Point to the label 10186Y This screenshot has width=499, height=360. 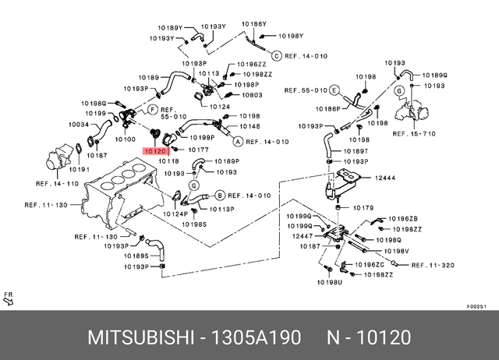pos(254,24)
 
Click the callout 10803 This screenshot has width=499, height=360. pos(252,94)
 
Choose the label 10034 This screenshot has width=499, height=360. pos(80,124)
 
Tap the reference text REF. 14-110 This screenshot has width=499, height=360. pos(58,183)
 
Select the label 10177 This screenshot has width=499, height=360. pos(197,148)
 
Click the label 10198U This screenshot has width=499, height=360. pos(328,282)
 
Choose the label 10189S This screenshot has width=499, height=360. pos(136,256)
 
